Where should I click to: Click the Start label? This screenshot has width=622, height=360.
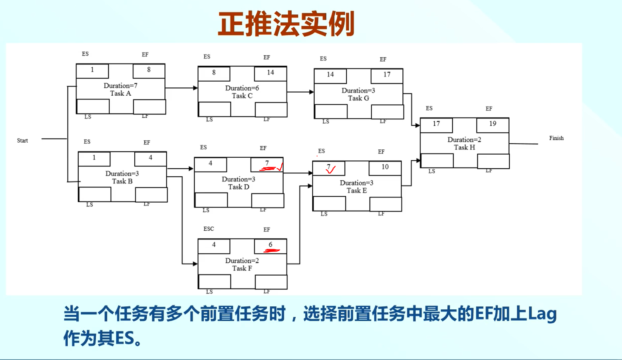click(x=22, y=141)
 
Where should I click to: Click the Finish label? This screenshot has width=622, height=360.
click(x=556, y=138)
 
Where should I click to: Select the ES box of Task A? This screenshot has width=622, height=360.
click(x=92, y=71)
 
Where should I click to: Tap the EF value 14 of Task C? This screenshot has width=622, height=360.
click(x=270, y=73)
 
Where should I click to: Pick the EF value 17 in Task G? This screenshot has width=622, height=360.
click(x=387, y=75)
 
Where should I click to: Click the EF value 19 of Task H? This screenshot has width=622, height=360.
click(x=493, y=124)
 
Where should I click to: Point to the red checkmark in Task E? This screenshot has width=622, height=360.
click(x=331, y=170)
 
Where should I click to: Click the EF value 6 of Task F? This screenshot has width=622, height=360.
click(x=270, y=245)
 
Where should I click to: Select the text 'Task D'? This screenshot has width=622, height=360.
click(x=239, y=187)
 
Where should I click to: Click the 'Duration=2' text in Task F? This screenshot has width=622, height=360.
click(x=242, y=261)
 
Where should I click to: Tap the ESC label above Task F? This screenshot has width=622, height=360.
click(x=209, y=229)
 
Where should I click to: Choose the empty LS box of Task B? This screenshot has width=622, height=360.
click(x=95, y=194)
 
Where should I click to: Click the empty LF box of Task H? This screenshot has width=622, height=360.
click(x=493, y=161)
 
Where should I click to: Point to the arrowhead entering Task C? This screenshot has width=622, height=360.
click(x=195, y=88)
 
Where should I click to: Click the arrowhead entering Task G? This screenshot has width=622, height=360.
click(x=312, y=92)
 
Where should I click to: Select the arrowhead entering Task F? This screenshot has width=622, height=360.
click(x=195, y=264)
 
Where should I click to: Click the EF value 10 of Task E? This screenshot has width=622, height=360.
click(x=385, y=167)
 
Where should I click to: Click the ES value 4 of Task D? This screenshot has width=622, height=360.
click(x=211, y=163)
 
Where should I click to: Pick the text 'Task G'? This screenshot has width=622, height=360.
click(x=358, y=98)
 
